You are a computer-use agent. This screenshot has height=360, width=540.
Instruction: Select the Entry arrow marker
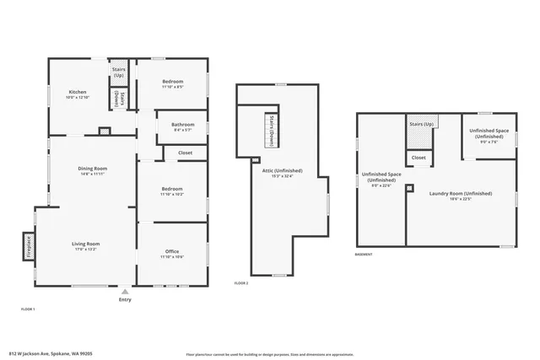pyautogui.click(x=125, y=291)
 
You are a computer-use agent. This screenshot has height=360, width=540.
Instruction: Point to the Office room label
pyautogui.click(x=173, y=253)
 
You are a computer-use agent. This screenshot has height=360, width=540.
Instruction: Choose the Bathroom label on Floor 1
pyautogui.click(x=183, y=126)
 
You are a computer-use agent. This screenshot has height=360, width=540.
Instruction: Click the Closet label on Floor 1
pyautogui.click(x=185, y=153)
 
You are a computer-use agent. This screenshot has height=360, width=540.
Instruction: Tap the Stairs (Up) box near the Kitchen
pyautogui.click(x=119, y=73)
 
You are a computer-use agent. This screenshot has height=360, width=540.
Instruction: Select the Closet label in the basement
pyautogui.click(x=418, y=158)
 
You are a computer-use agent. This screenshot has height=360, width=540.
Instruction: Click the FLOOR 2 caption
pyautogui.click(x=241, y=283)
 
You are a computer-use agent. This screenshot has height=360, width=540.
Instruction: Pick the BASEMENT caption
pyautogui.click(x=364, y=254)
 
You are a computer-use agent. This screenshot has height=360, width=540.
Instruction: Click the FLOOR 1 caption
pyautogui.click(x=28, y=309)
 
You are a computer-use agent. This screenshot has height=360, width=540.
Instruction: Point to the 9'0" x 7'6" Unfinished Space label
pyautogui.click(x=489, y=136)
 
